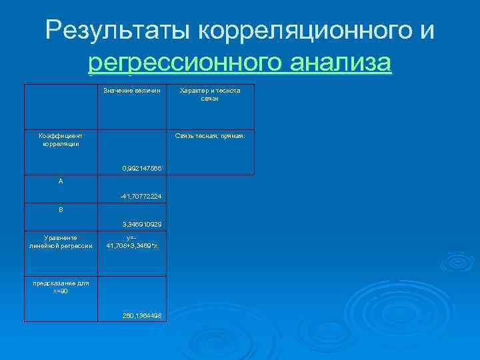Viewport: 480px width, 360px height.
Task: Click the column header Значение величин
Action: [132, 91]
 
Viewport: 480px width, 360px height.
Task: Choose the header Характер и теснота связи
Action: [210, 95]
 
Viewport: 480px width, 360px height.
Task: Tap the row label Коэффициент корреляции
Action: [61, 139]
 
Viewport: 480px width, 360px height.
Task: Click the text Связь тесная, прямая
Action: [210, 135]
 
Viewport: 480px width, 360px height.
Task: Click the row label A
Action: [61, 181]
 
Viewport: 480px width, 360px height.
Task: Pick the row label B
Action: [61, 209]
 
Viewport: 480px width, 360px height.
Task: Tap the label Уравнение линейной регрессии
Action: [61, 241]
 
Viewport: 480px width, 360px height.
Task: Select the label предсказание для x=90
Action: [61, 287]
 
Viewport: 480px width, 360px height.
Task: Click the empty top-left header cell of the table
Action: [61, 107]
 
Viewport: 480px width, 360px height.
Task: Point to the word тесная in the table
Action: [208, 135]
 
